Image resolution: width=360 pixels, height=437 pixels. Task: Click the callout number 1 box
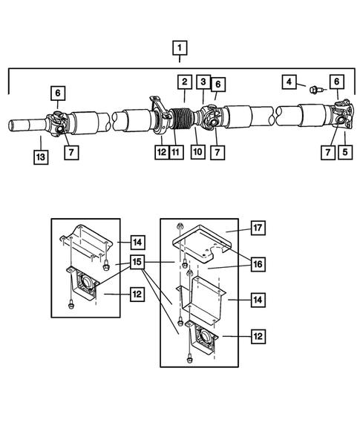[x=179, y=50]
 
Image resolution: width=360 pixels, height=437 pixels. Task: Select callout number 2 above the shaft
[x=183, y=81]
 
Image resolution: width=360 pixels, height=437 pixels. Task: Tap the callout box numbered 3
[x=203, y=81]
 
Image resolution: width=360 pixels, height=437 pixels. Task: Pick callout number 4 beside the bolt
[x=289, y=81]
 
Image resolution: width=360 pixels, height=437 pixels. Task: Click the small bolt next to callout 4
[x=313, y=91]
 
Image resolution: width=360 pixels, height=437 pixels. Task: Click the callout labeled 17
[x=258, y=228]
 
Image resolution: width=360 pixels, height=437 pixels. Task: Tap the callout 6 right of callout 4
[x=336, y=81]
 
